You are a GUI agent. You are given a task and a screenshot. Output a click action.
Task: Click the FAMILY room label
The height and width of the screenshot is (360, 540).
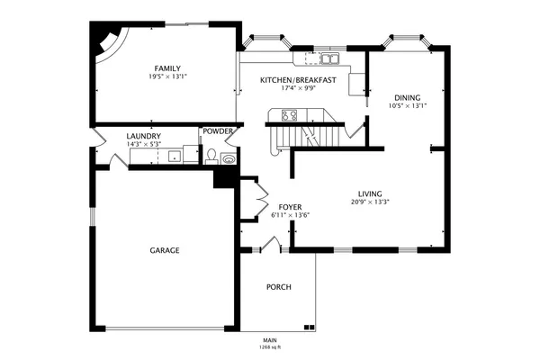click(166, 68)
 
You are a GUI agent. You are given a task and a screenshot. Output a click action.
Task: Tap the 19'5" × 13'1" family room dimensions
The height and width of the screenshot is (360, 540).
click(166, 77)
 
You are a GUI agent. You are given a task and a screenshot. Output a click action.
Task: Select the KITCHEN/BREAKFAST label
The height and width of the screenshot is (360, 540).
click(298, 80)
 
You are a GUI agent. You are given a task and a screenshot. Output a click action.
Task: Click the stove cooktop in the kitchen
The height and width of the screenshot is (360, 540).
click(291, 114)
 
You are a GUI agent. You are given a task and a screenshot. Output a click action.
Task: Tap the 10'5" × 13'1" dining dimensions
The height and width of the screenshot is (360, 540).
click(408, 106)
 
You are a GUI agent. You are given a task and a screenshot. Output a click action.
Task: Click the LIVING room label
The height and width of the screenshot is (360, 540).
click(370, 193)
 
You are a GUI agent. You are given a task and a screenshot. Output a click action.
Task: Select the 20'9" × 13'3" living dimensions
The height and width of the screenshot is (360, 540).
click(370, 202)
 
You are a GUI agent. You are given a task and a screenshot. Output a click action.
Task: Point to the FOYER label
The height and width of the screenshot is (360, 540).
click(290, 207)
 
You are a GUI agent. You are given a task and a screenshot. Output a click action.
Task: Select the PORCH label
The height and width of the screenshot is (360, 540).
click(278, 287)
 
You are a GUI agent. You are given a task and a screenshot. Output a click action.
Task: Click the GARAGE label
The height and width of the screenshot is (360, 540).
click(164, 250)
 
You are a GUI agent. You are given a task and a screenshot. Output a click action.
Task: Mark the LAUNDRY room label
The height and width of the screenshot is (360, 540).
click(144, 136)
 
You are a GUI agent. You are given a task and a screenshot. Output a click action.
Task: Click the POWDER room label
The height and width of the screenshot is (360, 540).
click(218, 131)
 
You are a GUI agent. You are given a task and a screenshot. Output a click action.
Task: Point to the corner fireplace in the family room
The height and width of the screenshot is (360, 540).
click(107, 41)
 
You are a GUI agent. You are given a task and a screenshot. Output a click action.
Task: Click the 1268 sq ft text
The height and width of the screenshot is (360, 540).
click(270, 346)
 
